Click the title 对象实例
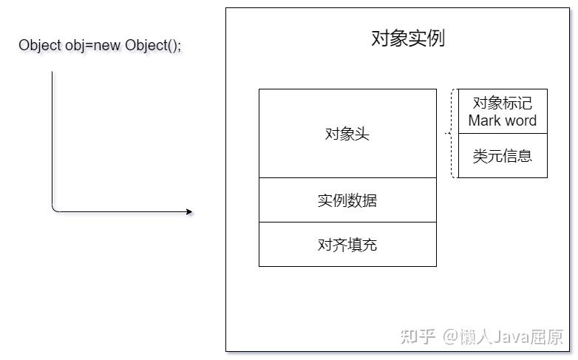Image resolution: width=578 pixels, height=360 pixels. (x=408, y=38)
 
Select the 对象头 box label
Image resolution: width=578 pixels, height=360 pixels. (x=347, y=134)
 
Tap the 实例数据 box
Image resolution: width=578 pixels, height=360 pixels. (x=347, y=200)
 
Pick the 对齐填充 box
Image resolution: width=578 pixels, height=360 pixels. (x=347, y=244)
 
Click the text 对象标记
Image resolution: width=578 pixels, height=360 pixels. (x=503, y=103)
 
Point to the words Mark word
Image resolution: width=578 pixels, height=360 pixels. (x=503, y=120)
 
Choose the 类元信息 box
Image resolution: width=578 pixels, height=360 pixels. (x=503, y=156)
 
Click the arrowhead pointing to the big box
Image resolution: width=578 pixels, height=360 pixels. (x=189, y=211)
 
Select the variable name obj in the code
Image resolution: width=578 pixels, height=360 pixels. (x=74, y=46)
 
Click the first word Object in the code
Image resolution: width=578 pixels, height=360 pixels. (x=40, y=46)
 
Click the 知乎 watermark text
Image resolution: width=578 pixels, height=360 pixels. (x=418, y=336)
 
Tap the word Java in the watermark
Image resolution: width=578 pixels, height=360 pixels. (x=511, y=336)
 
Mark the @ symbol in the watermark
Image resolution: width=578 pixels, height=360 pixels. (x=450, y=336)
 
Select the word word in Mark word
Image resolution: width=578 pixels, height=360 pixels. (x=520, y=120)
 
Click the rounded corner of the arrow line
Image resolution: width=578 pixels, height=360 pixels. (x=54, y=209)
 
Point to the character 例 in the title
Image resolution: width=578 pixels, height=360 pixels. (x=435, y=38)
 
